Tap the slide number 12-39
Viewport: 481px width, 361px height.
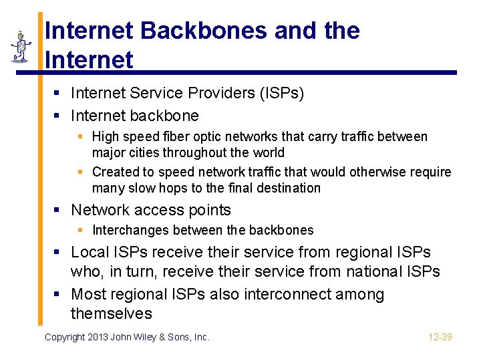point(440,337)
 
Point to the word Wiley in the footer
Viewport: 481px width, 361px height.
point(152,337)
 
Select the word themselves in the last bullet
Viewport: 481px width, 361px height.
point(112,314)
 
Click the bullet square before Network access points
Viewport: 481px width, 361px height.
point(58,211)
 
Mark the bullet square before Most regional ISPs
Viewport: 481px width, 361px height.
point(58,295)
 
